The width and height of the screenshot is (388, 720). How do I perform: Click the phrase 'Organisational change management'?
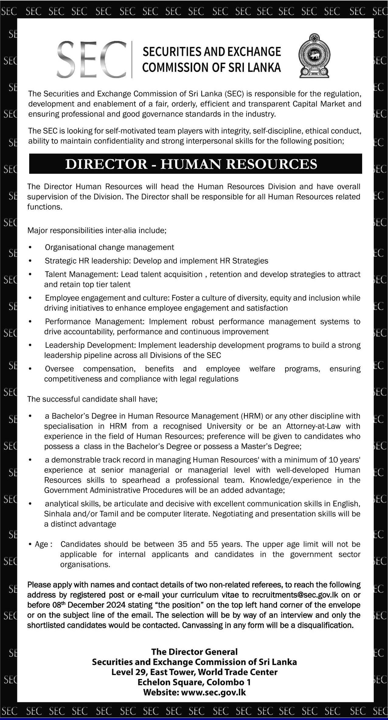109,247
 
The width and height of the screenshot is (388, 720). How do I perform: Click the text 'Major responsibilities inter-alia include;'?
97,230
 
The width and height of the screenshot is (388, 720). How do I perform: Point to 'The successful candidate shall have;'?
92,399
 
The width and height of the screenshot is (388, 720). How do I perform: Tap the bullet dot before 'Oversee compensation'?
30,369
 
